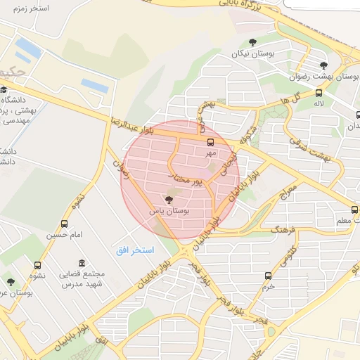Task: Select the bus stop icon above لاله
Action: pyautogui.click(x=319, y=93)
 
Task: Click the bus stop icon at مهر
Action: pyautogui.click(x=211, y=142)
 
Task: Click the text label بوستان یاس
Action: pyautogui.click(x=167, y=211)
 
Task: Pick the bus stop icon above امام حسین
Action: pyautogui.click(x=65, y=224)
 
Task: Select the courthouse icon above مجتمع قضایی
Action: pyautogui.click(x=83, y=262)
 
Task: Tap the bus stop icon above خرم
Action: pyautogui.click(x=267, y=276)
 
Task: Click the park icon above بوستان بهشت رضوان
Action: pyautogui.click(x=323, y=65)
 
